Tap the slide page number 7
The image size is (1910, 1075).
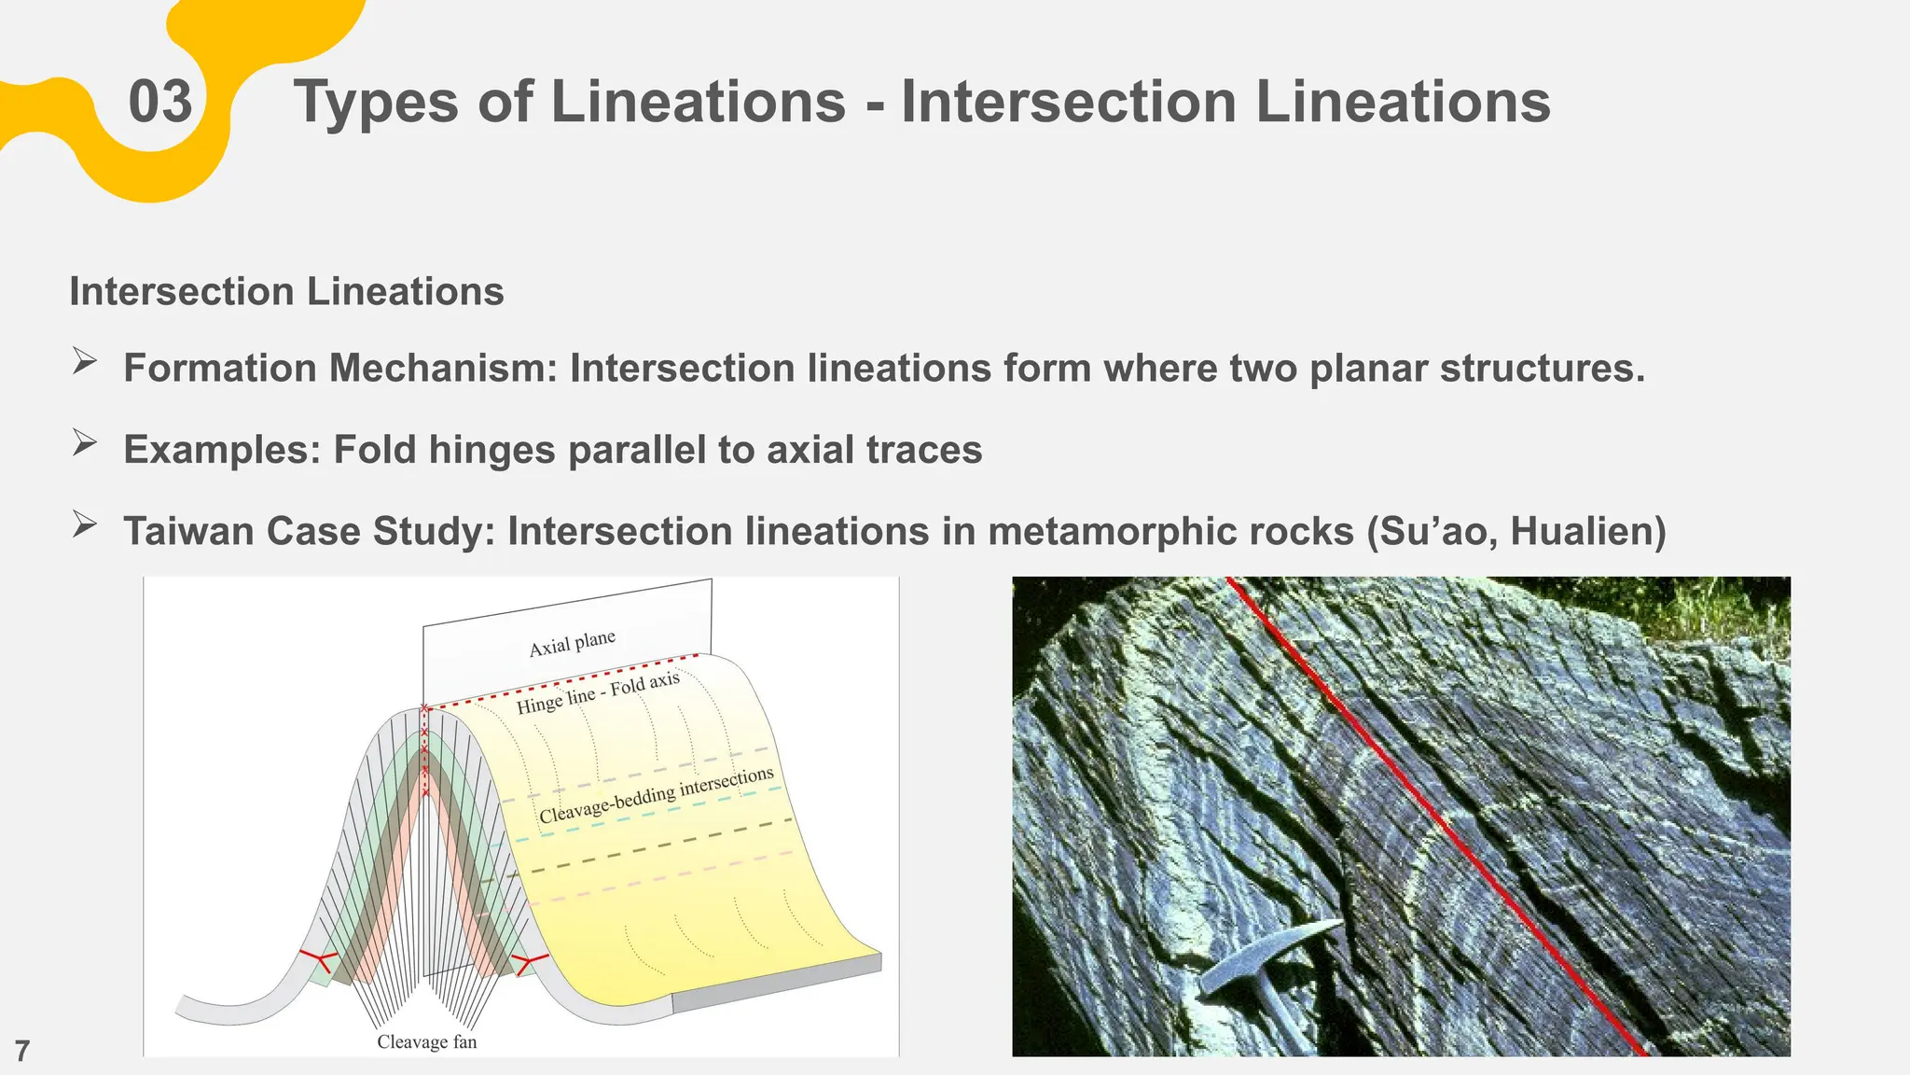[x=22, y=1051]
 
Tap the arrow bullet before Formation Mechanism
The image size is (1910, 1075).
[x=84, y=362]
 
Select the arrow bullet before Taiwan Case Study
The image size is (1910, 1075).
[x=84, y=525]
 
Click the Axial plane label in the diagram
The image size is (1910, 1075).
[x=572, y=644]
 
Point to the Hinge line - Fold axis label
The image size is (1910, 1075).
[x=598, y=693]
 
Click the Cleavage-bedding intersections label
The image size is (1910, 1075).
[x=656, y=795]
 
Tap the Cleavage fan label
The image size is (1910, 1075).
[x=426, y=1042]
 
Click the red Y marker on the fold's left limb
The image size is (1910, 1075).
[x=317, y=958]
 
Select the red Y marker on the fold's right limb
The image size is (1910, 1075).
[x=530, y=961]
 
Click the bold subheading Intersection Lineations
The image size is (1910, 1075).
[x=286, y=292]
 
